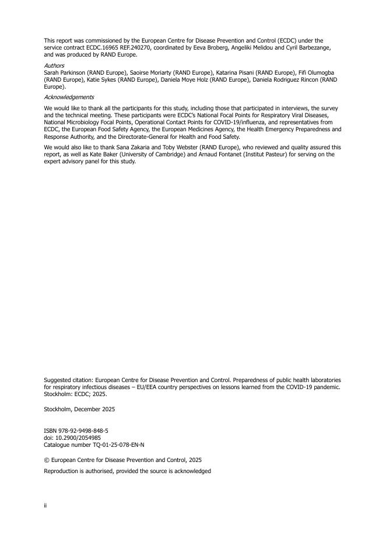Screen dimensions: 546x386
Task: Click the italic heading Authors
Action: coord(54,66)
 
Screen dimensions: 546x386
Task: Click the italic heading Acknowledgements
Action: coord(69,97)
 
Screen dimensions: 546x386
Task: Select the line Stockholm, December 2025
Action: coord(79,409)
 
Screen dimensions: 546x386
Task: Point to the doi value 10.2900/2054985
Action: coord(76,437)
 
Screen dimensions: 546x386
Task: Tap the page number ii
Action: coord(45,506)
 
